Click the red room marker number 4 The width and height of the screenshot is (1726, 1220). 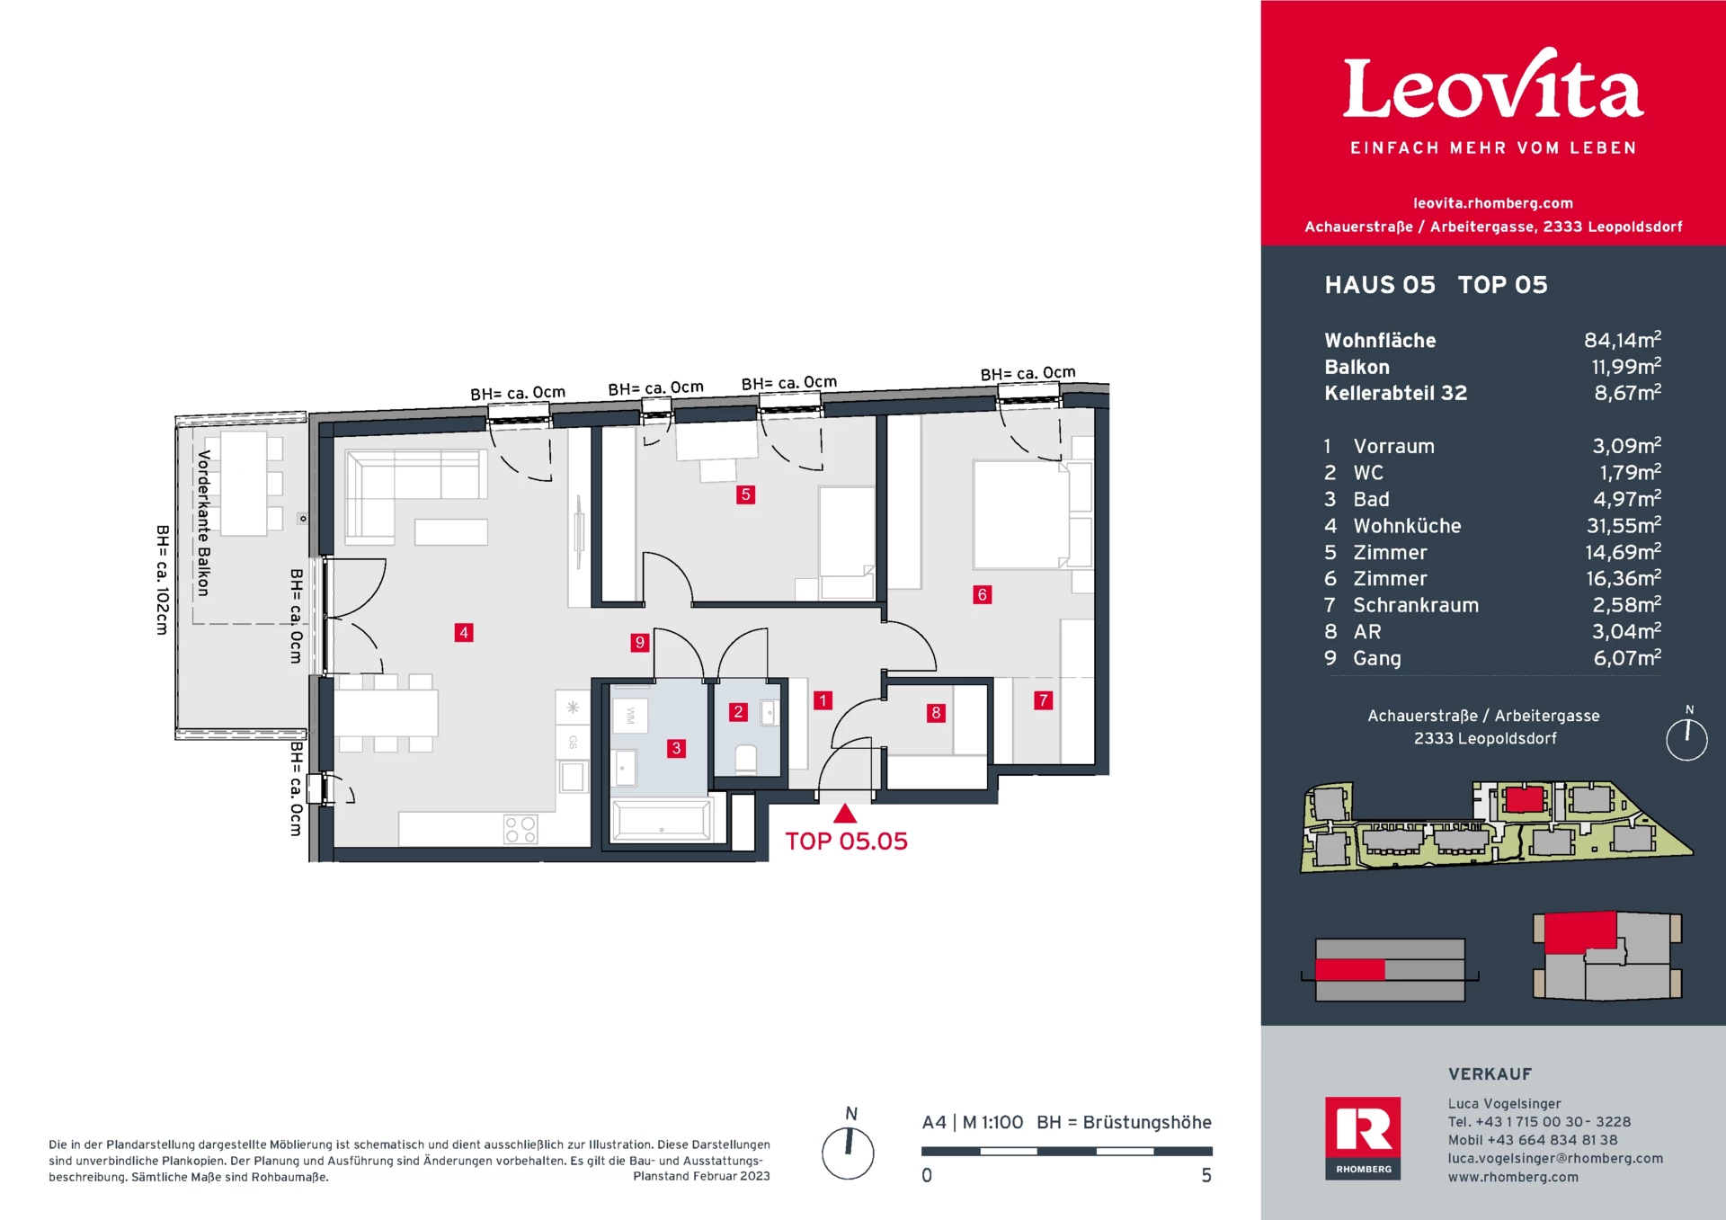coord(464,632)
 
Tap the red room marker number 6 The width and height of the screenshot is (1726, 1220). coord(982,594)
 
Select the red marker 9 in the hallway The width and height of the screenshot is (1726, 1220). coord(639,642)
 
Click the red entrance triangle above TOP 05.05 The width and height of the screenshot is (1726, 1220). coord(844,814)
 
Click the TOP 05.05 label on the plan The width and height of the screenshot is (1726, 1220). coord(846,842)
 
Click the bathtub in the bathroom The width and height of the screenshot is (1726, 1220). coord(662,820)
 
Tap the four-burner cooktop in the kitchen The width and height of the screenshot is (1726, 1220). coord(520,829)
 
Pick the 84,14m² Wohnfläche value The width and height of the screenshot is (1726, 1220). coord(1622,340)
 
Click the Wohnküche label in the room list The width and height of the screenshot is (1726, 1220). coord(1407,526)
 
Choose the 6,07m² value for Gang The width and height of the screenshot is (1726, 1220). coord(1626,658)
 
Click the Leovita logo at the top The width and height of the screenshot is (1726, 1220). coord(1492,88)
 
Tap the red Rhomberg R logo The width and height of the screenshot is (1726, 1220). coord(1363,1131)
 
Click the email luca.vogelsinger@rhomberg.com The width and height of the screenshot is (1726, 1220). coord(1555,1158)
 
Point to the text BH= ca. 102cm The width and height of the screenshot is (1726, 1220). coord(162,580)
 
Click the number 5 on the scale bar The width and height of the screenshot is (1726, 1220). coord(1206,1175)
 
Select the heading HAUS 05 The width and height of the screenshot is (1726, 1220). coord(1380,285)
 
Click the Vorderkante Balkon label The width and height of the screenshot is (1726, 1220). coord(204,523)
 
